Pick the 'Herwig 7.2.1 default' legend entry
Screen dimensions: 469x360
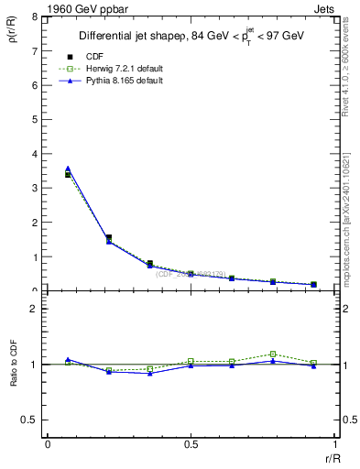pos(120,69)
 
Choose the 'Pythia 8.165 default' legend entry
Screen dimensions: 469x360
pos(120,81)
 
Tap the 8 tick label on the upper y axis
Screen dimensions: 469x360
pos(35,16)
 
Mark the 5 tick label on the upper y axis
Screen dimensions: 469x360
pos(35,119)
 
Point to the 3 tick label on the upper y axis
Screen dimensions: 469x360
pos(35,188)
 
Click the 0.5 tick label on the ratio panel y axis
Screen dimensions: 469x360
pos(31,420)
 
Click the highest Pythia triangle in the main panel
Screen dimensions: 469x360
pos(68,169)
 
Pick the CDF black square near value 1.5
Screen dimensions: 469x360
pos(108,238)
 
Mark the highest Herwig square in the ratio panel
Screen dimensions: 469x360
pos(273,354)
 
